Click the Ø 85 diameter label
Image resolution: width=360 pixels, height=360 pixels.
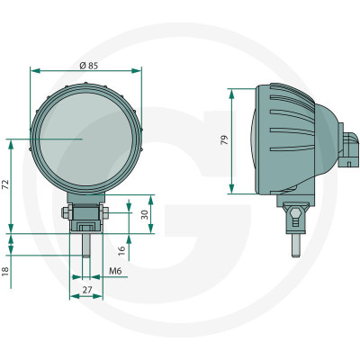coord(89,66)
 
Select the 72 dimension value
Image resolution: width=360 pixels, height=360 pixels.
coord(6,184)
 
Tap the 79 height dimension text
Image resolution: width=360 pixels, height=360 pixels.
coord(224,140)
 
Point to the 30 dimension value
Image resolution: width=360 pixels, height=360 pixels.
coord(145,214)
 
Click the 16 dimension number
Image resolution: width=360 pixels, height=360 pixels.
coord(121,250)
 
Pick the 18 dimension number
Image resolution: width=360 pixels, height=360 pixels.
coord(5,272)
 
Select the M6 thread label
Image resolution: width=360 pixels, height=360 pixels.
coord(115,271)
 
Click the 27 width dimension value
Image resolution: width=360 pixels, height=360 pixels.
coord(87,290)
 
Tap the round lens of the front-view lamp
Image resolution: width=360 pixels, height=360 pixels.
coord(86,139)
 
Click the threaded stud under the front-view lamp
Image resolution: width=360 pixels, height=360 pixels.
coord(86,245)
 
